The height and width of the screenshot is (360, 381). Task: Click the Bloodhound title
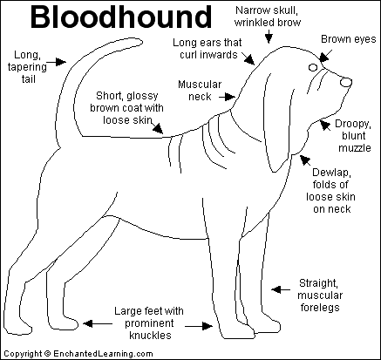pyautogui.click(x=121, y=17)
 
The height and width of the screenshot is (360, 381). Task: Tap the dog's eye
pyautogui.click(x=313, y=68)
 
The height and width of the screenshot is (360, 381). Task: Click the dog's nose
pyautogui.click(x=345, y=82)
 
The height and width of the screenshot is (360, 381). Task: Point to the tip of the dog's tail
pyautogui.click(x=142, y=42)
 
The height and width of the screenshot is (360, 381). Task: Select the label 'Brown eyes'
pyautogui.click(x=348, y=39)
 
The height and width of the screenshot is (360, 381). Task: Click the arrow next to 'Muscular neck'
pyautogui.click(x=227, y=97)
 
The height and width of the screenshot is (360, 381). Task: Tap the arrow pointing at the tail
pyautogui.click(x=57, y=62)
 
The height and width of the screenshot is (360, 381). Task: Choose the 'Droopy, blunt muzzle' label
pyautogui.click(x=354, y=136)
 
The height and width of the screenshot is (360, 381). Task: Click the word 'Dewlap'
pyautogui.click(x=331, y=173)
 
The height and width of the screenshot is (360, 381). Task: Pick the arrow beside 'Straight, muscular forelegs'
pyautogui.click(x=281, y=289)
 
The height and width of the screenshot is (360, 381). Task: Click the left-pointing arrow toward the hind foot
pyautogui.click(x=98, y=323)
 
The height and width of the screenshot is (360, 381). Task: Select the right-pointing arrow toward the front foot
pyautogui.click(x=199, y=326)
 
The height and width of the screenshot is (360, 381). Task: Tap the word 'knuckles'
pyautogui.click(x=150, y=336)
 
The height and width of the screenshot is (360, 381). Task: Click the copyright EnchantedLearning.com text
pyautogui.click(x=78, y=354)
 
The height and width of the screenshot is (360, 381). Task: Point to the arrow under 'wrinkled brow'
pyautogui.click(x=269, y=37)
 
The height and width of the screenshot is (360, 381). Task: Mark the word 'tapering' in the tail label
pyautogui.click(x=27, y=67)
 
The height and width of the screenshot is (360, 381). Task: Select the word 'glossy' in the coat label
pyautogui.click(x=142, y=96)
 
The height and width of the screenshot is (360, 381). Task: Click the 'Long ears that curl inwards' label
pyautogui.click(x=208, y=49)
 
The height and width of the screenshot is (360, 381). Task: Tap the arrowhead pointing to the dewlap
pyautogui.click(x=304, y=159)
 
